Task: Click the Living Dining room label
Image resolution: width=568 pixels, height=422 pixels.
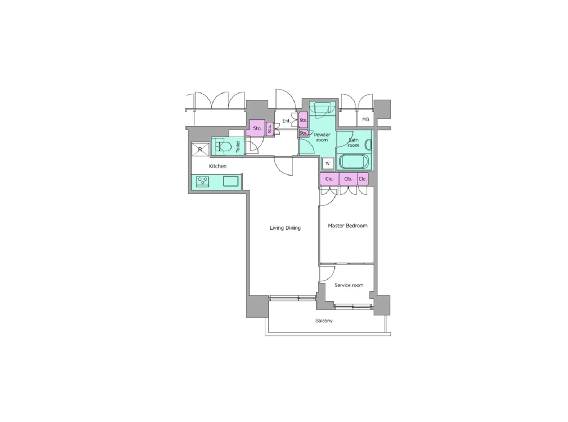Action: point(285,228)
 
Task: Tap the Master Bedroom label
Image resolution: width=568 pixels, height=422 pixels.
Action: point(347,225)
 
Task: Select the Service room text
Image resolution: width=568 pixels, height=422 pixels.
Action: point(349,285)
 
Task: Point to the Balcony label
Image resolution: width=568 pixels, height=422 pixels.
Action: point(324,321)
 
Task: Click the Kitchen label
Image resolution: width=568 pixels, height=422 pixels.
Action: point(218,166)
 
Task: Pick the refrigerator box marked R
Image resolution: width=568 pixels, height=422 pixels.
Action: point(200,149)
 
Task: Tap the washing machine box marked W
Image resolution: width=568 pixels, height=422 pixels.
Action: point(327,163)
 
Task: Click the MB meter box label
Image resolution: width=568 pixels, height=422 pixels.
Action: point(365,119)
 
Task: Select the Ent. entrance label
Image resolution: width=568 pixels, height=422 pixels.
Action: point(287,121)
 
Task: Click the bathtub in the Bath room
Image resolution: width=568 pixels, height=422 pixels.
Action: point(354,162)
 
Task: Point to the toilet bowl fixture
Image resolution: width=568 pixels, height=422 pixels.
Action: point(224,147)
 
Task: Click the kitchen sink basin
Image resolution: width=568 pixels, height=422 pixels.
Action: point(230,181)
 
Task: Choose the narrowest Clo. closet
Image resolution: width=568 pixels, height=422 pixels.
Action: point(363,179)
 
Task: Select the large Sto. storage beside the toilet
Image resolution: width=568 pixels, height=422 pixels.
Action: point(256,128)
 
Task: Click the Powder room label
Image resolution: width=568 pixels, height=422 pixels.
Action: point(322,137)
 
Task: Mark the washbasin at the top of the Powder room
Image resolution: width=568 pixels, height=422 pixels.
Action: point(322,109)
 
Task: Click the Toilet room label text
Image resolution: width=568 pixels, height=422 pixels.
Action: point(238,146)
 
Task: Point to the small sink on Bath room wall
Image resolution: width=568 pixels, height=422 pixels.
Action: point(368,145)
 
